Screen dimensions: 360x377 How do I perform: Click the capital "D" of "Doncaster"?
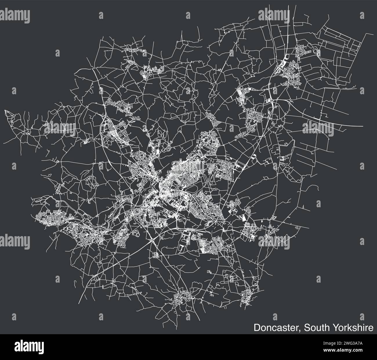(x=257, y=328)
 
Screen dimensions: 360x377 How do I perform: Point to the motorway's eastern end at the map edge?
(x=363, y=126)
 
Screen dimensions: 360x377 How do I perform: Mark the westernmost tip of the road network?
(x=5, y=110)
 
